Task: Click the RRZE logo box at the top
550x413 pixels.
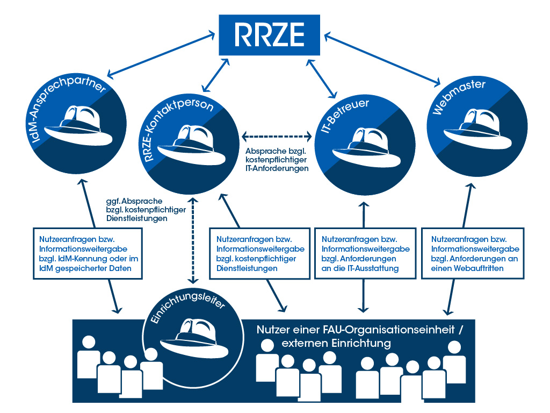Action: [270, 35]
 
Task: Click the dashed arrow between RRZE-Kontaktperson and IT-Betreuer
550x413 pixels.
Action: [277, 135]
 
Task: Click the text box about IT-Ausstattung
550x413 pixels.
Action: [365, 253]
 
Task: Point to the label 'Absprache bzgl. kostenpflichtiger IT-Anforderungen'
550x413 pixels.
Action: [277, 160]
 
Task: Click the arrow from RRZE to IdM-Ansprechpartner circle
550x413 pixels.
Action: [161, 56]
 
